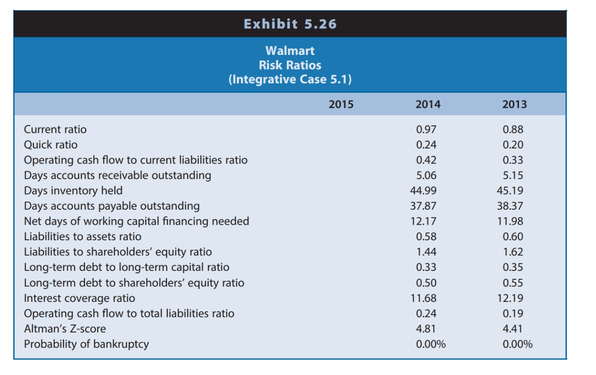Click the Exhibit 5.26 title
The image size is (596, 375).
tap(290, 24)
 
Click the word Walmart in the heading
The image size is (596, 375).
tap(290, 51)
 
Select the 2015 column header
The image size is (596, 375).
tap(341, 104)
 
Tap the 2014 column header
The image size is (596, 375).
tap(428, 104)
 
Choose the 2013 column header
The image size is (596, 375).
tap(515, 104)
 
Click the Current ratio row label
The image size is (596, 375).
tap(56, 129)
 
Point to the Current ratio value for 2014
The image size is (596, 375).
tap(426, 129)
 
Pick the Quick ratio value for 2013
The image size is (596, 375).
tap(513, 145)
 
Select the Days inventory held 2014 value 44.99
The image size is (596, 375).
tap(425, 191)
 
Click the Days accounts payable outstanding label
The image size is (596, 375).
tap(112, 206)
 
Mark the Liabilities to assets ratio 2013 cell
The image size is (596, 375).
tap(513, 237)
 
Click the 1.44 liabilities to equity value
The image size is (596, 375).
tap(426, 252)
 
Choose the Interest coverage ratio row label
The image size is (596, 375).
tap(79, 298)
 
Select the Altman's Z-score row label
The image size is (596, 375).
tap(65, 328)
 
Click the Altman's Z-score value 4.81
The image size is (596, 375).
tap(426, 328)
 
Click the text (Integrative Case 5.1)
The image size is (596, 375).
tap(290, 80)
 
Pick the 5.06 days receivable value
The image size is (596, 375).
tap(426, 176)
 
